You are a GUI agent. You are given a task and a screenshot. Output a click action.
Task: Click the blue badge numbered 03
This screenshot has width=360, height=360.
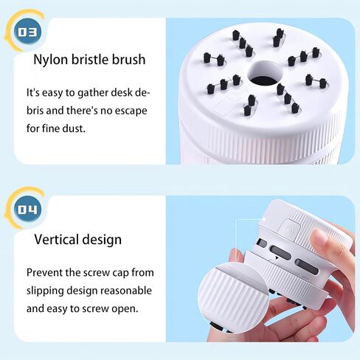point(27,32)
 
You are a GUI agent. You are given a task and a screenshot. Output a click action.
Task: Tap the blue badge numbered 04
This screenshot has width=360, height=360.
point(27,210)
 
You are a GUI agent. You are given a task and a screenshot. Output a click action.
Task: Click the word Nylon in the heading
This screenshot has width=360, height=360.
point(50,60)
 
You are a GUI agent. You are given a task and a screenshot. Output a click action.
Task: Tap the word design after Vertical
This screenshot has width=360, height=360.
point(102,240)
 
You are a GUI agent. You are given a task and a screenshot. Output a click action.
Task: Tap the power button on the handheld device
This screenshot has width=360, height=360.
point(290,229)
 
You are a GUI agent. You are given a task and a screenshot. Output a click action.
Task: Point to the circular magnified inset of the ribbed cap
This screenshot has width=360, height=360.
point(233,298)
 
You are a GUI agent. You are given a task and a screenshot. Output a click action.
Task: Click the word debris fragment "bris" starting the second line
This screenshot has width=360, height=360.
point(35,111)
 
